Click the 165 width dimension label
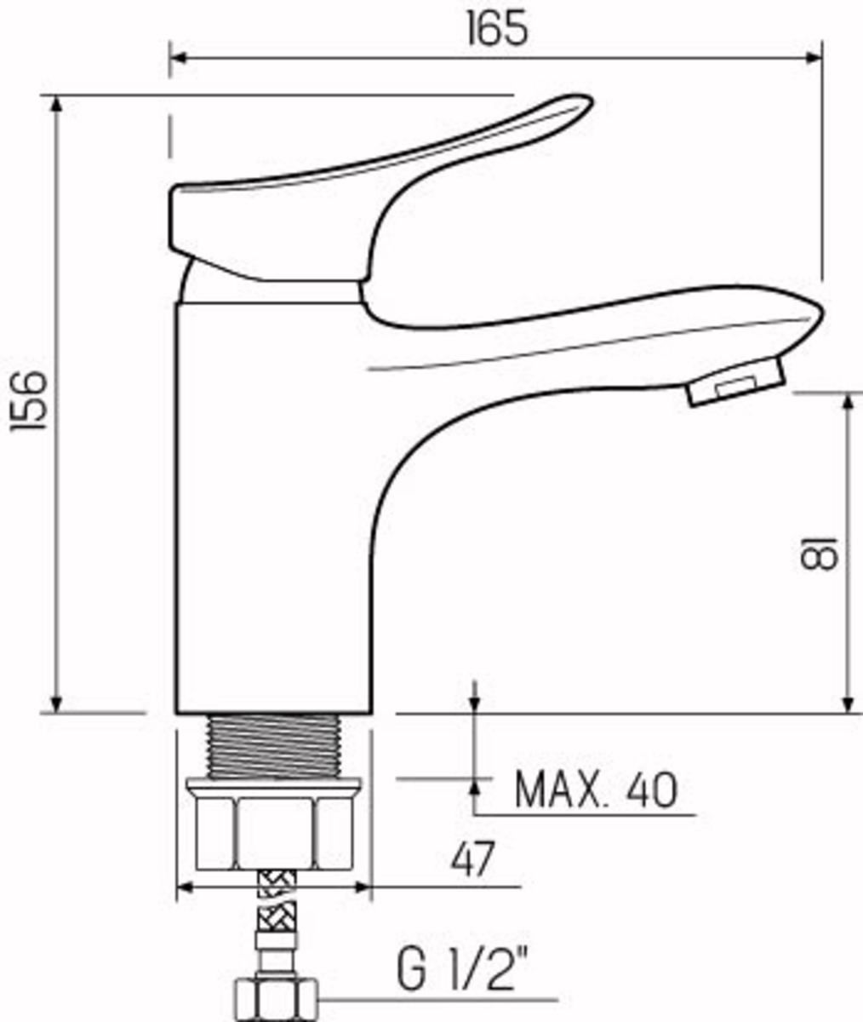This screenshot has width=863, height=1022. pos(498,28)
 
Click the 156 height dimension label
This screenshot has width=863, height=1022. pos(28,401)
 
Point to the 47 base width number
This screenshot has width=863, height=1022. pos(472,858)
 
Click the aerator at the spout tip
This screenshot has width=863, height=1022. pos(737,382)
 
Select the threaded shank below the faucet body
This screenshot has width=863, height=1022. pos(274,746)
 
